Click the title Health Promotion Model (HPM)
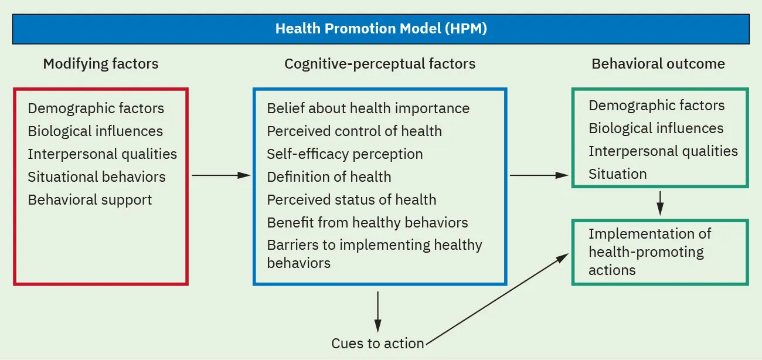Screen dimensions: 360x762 (x=381, y=29)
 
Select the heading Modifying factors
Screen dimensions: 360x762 (x=101, y=63)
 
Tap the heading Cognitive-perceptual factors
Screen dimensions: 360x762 (x=380, y=63)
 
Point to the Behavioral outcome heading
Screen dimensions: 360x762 (x=658, y=63)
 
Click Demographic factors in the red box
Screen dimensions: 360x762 (x=96, y=108)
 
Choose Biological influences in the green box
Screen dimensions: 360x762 (x=656, y=128)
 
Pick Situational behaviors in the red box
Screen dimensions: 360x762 (x=97, y=177)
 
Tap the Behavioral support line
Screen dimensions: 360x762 (x=90, y=200)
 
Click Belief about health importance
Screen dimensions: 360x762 (x=368, y=108)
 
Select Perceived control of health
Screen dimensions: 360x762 (x=354, y=131)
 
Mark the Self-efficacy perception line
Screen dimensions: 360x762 (x=345, y=154)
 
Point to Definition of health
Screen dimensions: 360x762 (x=329, y=177)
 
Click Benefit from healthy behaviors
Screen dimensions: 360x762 (x=368, y=223)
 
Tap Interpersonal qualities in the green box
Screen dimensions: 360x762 (x=663, y=151)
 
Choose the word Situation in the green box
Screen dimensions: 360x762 (x=618, y=174)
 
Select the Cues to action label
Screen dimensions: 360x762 (x=377, y=344)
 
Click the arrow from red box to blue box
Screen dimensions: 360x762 (x=220, y=175)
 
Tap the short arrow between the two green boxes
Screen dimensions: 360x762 (x=660, y=203)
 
